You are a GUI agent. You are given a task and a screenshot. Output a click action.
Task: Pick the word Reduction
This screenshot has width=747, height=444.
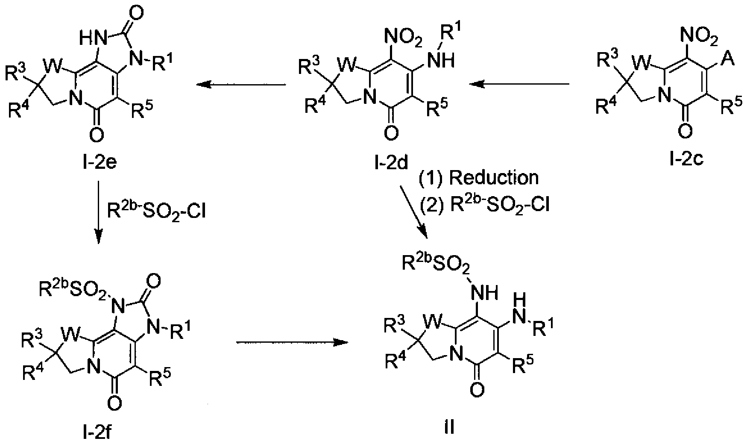[x=493, y=178]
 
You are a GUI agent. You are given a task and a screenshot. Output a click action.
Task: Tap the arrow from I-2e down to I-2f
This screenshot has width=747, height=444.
[x=98, y=213]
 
